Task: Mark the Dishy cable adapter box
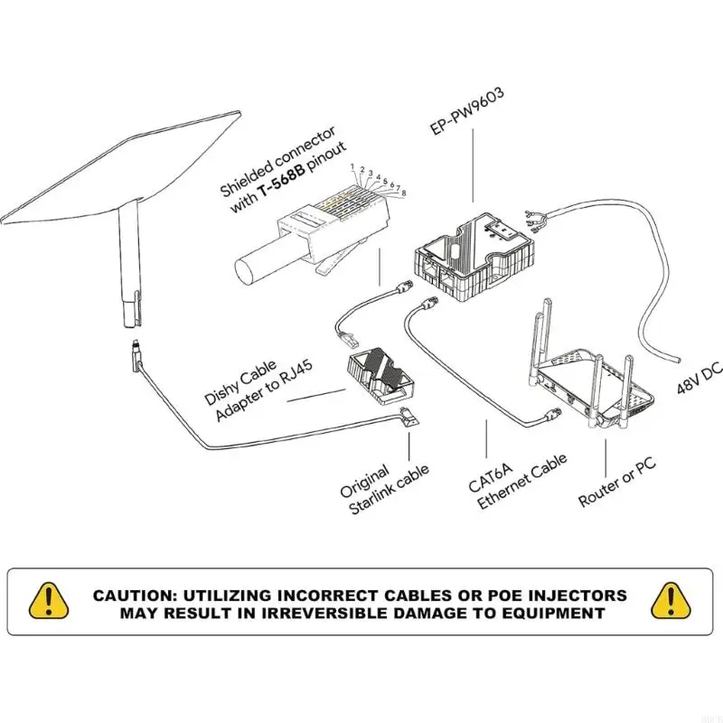(380, 380)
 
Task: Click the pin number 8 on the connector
(403, 193)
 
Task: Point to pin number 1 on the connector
(352, 167)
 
